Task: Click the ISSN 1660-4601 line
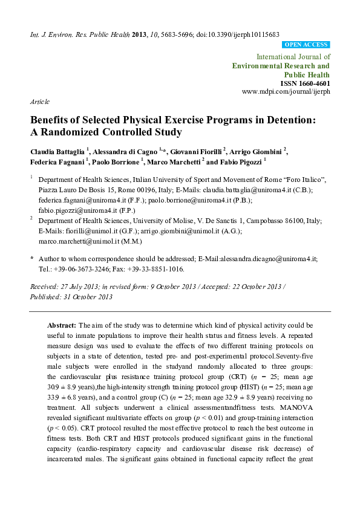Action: [x=304, y=83]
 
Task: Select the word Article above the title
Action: [x=39, y=102]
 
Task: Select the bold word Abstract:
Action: [x=62, y=325]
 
